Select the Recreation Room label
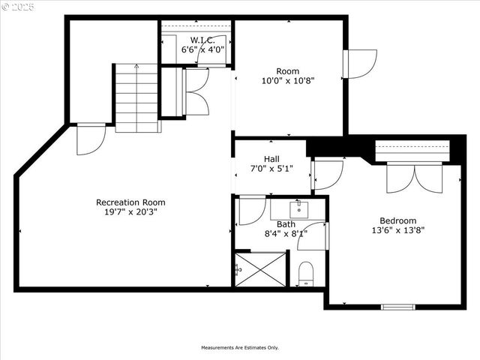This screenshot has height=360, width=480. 130,202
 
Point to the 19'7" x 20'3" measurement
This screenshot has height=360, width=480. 130,211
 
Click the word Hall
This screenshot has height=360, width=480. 271,159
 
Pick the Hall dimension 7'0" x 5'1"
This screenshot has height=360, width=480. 271,169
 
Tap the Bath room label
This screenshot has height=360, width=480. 286,224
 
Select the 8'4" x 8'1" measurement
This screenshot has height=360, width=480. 286,234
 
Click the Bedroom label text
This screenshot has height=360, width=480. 397,220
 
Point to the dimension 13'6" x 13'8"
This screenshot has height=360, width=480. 397,230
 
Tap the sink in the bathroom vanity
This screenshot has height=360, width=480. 298,205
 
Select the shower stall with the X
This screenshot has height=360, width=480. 260,269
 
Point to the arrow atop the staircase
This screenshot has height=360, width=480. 136,67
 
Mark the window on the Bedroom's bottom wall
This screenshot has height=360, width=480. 397,307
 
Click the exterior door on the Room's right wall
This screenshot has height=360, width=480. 359,64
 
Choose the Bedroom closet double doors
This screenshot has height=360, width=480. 415,178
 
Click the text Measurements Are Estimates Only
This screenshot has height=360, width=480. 239,347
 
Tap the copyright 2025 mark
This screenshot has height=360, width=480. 19,7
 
